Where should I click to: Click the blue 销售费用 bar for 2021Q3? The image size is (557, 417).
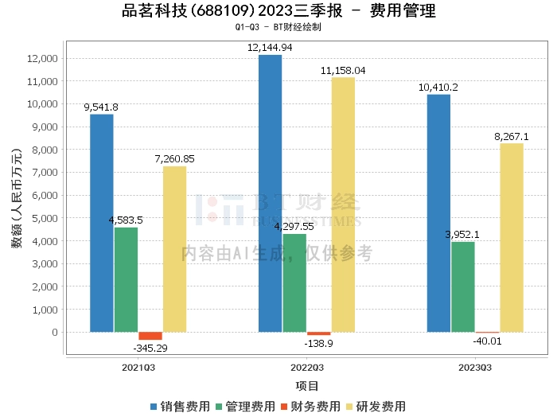pyautogui.click(x=101, y=223)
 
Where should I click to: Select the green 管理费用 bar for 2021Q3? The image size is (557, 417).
pyautogui.click(x=126, y=279)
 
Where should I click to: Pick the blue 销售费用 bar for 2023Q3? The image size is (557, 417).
pyautogui.click(x=438, y=213)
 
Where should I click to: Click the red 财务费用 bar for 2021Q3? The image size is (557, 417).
pyautogui.click(x=150, y=336)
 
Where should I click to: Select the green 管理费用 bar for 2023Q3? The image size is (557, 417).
pyautogui.click(x=463, y=286)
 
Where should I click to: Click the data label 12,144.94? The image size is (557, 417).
pyautogui.click(x=270, y=48)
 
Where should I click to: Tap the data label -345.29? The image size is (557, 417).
pyautogui.click(x=150, y=349)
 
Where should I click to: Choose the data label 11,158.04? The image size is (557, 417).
pyautogui.click(x=343, y=70)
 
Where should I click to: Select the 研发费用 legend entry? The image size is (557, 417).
pyautogui.click(x=376, y=407)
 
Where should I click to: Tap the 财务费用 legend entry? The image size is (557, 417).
pyautogui.click(x=310, y=407)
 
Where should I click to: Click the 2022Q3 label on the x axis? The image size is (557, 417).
pyautogui.click(x=306, y=368)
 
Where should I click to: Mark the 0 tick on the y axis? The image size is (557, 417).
pyautogui.click(x=54, y=332)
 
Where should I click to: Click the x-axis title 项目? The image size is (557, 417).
pyautogui.click(x=306, y=386)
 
